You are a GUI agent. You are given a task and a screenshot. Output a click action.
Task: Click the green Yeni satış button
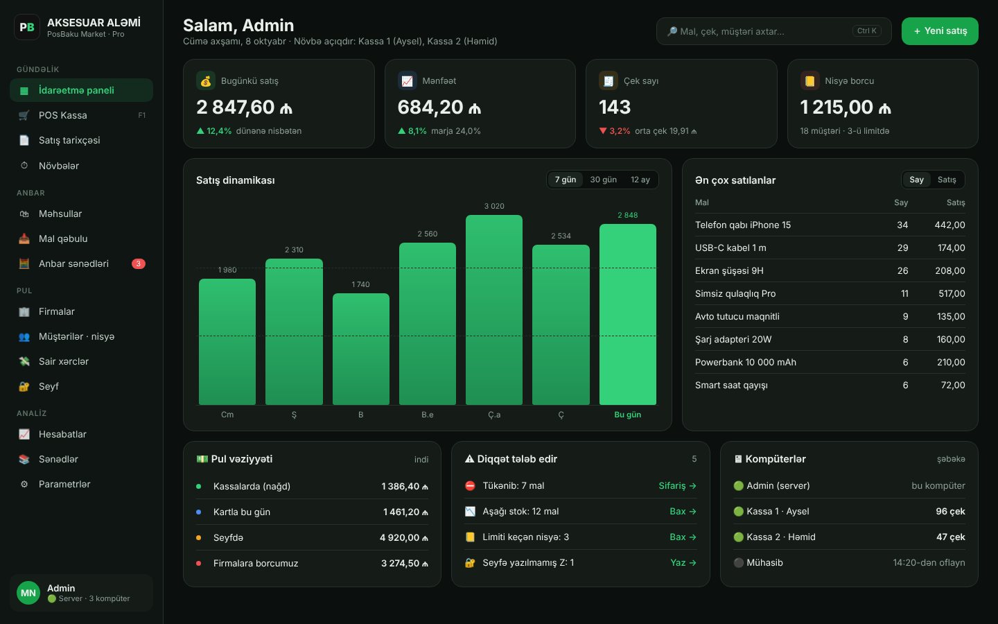pyautogui.click(x=940, y=31)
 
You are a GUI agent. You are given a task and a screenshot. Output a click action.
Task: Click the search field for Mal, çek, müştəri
pyautogui.click(x=773, y=31)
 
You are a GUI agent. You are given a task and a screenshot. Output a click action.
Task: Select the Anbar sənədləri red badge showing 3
pyautogui.click(x=138, y=264)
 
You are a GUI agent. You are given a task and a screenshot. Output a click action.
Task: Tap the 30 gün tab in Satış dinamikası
pyautogui.click(x=603, y=180)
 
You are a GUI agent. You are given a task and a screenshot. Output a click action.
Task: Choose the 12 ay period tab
pyautogui.click(x=640, y=180)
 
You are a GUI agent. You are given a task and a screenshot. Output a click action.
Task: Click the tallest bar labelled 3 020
pyautogui.click(x=494, y=310)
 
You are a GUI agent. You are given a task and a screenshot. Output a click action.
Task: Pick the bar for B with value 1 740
pyautogui.click(x=361, y=349)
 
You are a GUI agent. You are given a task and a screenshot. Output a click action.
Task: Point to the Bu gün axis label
pyautogui.click(x=627, y=415)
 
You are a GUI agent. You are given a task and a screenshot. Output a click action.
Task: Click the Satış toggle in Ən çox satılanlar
pyautogui.click(x=947, y=180)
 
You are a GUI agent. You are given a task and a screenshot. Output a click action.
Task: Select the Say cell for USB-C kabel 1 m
pyautogui.click(x=902, y=248)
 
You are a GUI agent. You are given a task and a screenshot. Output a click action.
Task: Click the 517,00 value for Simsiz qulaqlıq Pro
pyautogui.click(x=952, y=294)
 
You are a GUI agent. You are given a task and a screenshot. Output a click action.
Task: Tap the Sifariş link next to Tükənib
pyautogui.click(x=677, y=486)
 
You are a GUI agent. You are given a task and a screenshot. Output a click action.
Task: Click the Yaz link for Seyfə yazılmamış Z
pyautogui.click(x=683, y=563)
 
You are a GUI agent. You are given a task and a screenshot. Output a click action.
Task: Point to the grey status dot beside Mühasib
pyautogui.click(x=738, y=563)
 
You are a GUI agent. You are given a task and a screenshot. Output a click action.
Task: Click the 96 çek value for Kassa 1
pyautogui.click(x=950, y=512)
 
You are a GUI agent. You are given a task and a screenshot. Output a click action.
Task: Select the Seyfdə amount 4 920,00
pyautogui.click(x=403, y=538)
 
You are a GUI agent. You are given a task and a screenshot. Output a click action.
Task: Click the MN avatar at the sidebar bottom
pyautogui.click(x=28, y=593)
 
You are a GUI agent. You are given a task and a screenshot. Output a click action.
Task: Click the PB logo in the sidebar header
pyautogui.click(x=27, y=27)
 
